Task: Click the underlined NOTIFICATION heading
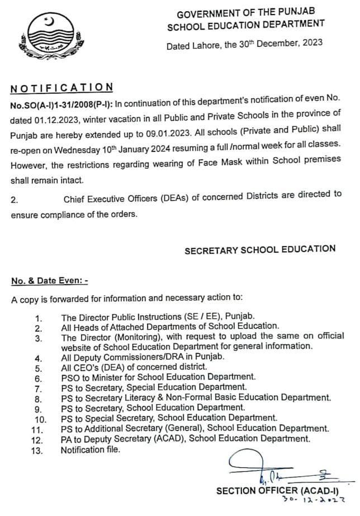point(61,87)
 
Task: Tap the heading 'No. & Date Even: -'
point(49,283)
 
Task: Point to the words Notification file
point(90,449)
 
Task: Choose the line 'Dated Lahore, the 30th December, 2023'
point(244,45)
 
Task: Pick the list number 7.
point(38,387)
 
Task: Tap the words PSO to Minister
point(91,377)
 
